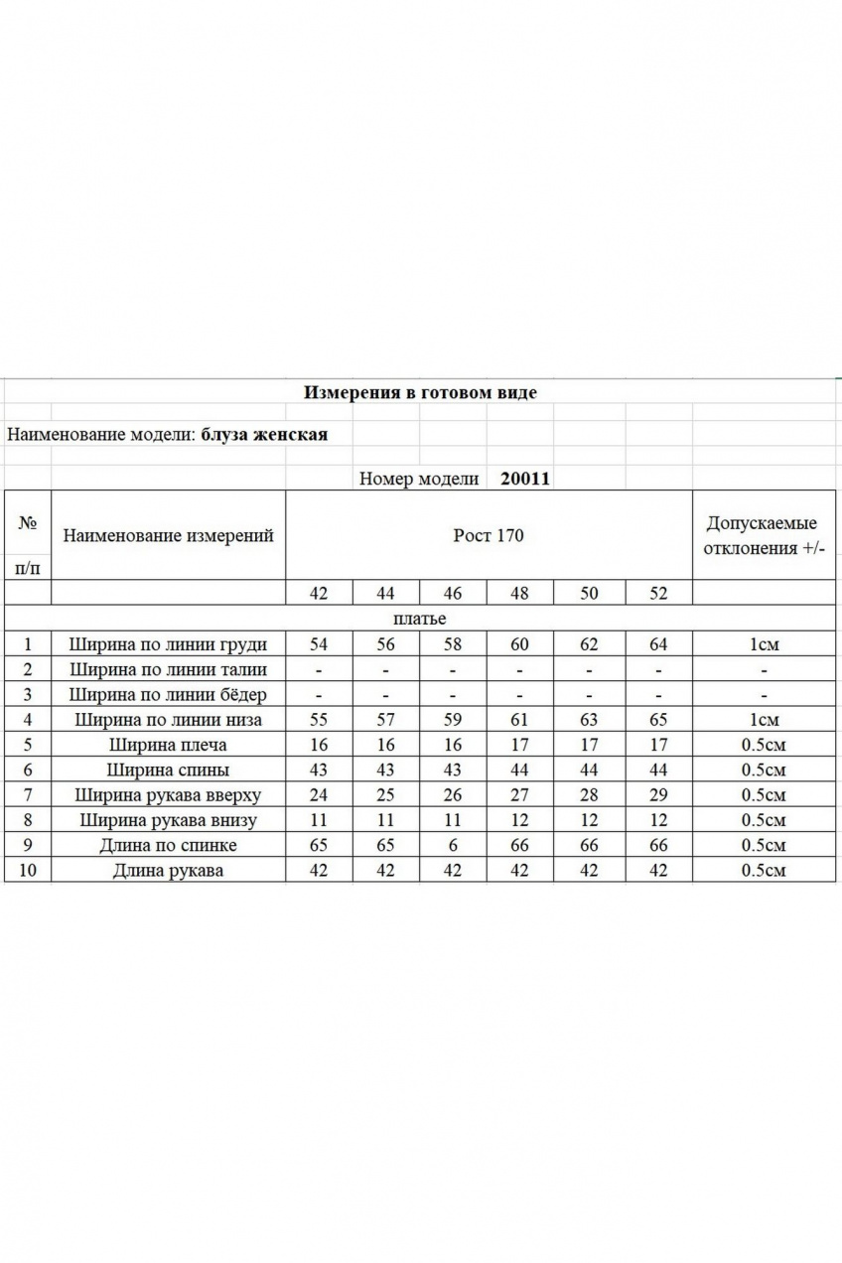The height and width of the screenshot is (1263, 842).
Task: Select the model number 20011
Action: (x=525, y=478)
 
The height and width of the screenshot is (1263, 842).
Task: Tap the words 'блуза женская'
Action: (x=264, y=434)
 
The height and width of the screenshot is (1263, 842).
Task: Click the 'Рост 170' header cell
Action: (x=489, y=536)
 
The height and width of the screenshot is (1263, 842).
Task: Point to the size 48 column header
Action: (x=519, y=594)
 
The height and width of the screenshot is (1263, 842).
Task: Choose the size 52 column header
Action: (x=658, y=594)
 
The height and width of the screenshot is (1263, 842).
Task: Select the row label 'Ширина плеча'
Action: (x=168, y=745)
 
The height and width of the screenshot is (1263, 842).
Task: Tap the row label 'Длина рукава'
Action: (x=168, y=871)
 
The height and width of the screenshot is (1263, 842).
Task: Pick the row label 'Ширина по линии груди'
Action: (x=168, y=644)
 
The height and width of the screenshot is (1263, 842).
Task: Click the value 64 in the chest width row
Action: (x=658, y=644)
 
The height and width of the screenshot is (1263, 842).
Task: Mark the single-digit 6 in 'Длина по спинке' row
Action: (x=453, y=846)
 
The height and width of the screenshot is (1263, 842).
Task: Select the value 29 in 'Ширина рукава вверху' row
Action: (x=658, y=795)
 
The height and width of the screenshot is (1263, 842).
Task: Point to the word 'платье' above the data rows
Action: (x=421, y=619)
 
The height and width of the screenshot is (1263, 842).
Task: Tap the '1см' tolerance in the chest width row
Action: (x=764, y=644)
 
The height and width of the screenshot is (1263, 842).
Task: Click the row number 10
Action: (x=28, y=871)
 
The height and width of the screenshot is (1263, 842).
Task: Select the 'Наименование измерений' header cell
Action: (x=168, y=536)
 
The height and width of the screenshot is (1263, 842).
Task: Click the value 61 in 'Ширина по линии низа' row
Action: (x=519, y=720)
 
